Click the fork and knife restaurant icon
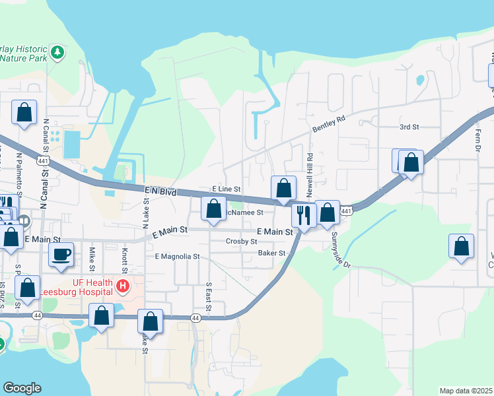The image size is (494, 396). [x=304, y=215]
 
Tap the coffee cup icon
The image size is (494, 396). [x=61, y=255]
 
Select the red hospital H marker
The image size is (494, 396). [x=122, y=286]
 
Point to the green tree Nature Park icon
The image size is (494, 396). [x=58, y=51]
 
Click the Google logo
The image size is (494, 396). [x=22, y=388]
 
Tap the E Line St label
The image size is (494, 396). [x=226, y=189]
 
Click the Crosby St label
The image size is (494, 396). [x=241, y=242]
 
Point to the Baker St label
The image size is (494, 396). [x=271, y=253]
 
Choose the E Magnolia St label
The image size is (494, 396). [x=177, y=256]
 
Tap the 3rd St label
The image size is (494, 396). [x=409, y=126]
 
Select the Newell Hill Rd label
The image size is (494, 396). [x=309, y=173]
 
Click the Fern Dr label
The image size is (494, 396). [x=477, y=139]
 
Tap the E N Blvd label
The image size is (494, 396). [x=160, y=191]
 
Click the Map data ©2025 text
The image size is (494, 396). [x=466, y=391]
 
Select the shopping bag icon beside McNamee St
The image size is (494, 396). [x=213, y=209]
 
